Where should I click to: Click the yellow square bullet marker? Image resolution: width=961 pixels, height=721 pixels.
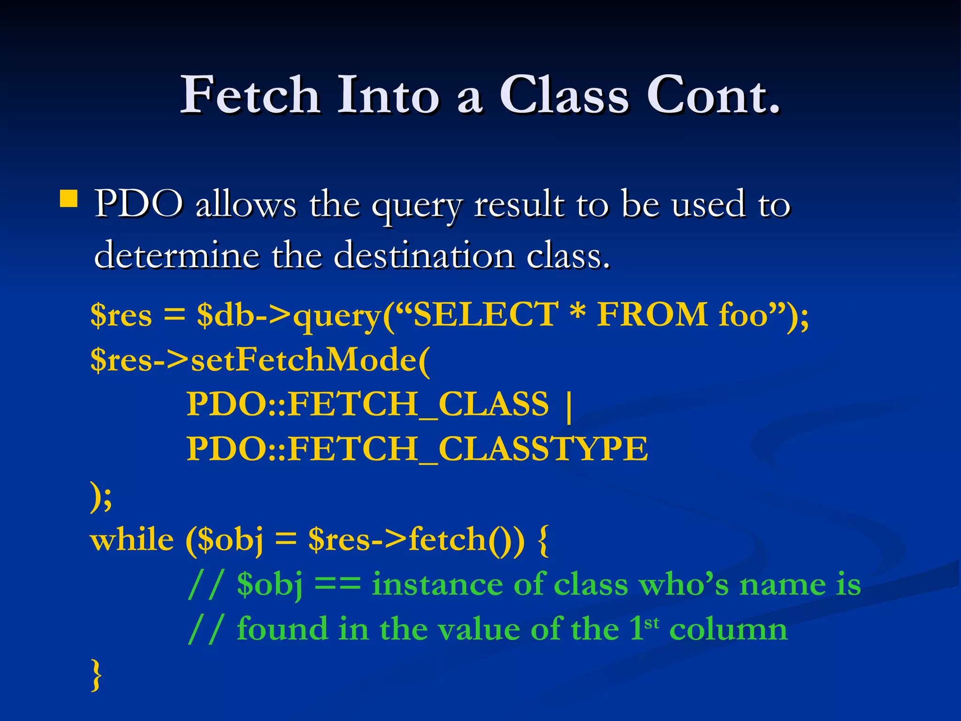[69, 199]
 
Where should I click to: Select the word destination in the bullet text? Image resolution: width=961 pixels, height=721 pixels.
[424, 256]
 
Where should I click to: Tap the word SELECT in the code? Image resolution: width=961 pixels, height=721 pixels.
[485, 314]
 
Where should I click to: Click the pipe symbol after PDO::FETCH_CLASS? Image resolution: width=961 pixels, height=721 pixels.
[569, 407]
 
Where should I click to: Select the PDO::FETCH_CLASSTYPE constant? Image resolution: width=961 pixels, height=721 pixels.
[417, 449]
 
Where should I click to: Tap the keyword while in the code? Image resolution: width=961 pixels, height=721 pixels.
[132, 539]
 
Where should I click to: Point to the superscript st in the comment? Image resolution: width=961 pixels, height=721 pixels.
[652, 623]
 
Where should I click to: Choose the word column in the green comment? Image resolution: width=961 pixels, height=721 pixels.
[728, 629]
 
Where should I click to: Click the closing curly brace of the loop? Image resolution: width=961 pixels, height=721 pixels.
[96, 675]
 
